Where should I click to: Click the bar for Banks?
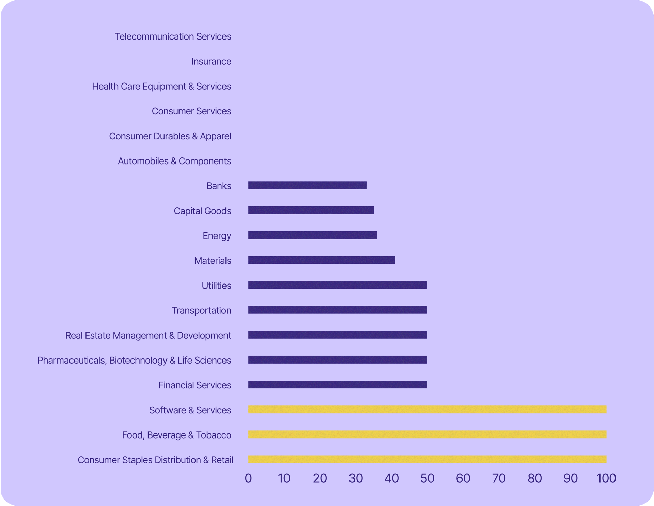tap(307, 185)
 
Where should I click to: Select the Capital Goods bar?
tap(311, 210)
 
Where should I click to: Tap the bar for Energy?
tap(313, 235)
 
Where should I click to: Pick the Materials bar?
tap(322, 260)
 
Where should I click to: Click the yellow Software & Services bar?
tap(427, 410)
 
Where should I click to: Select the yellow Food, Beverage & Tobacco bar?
tap(427, 434)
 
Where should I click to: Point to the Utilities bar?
tap(338, 285)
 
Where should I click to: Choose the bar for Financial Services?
tap(338, 385)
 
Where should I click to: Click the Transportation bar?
tap(338, 310)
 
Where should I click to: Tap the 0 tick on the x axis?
tap(248, 478)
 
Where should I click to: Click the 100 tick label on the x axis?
tap(606, 478)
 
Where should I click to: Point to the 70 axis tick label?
tap(499, 478)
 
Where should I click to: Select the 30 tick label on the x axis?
tap(356, 478)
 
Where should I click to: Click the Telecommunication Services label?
tap(173, 36)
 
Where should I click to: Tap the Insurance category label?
tap(211, 61)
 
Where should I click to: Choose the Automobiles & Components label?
tap(174, 161)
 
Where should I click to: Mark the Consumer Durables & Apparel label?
tap(170, 136)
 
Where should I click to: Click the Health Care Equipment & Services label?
tap(161, 86)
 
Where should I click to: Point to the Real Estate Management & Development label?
tap(148, 335)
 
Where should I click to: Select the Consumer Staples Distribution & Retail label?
tap(155, 460)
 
